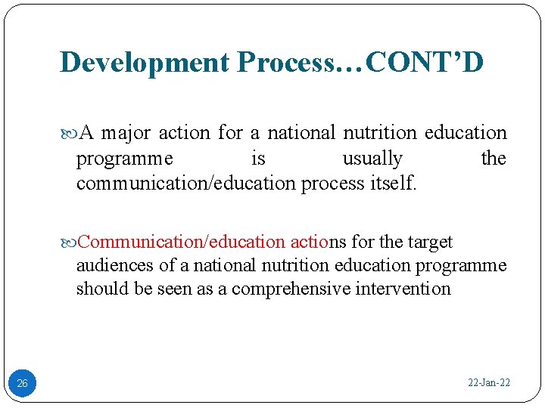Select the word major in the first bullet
126,133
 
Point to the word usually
372,159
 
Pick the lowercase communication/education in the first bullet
185,184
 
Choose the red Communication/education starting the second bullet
182,242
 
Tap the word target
430,242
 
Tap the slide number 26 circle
22,384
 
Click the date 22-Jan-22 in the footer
489,383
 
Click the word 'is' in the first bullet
258,159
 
